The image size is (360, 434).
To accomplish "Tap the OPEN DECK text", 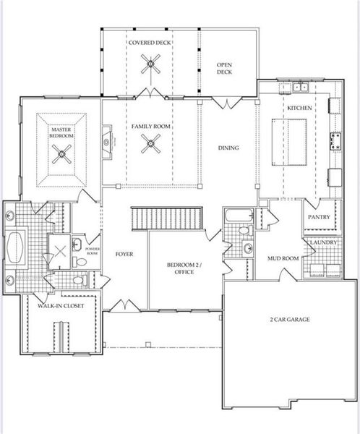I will [224, 69].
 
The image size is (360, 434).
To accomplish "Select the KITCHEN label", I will [299, 108].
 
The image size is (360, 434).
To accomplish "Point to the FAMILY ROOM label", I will [150, 127].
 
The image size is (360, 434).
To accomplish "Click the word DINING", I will [228, 148].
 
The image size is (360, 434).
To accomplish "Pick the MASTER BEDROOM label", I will [61, 132].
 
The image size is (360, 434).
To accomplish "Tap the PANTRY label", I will [319, 217].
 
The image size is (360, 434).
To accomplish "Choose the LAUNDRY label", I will [321, 243].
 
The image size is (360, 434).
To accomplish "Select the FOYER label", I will [124, 254].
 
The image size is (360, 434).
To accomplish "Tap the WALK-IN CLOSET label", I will [61, 306].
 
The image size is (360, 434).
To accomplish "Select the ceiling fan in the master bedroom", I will [61, 153].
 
